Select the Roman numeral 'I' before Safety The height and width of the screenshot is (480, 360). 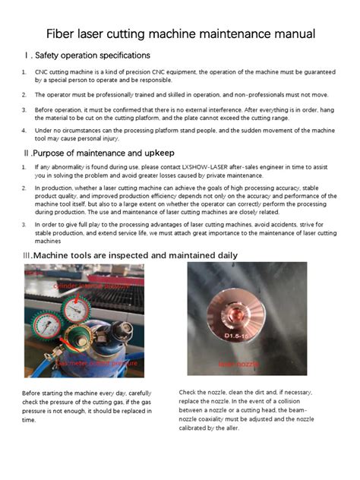pyautogui.click(x=27, y=55)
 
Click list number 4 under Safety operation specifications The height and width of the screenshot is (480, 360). pyautogui.click(x=24, y=131)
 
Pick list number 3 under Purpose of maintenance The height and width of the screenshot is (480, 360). pyautogui.click(x=24, y=226)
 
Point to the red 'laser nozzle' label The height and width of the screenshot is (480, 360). pyautogui.click(x=238, y=365)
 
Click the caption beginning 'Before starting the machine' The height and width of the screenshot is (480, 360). pyautogui.click(x=87, y=406)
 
